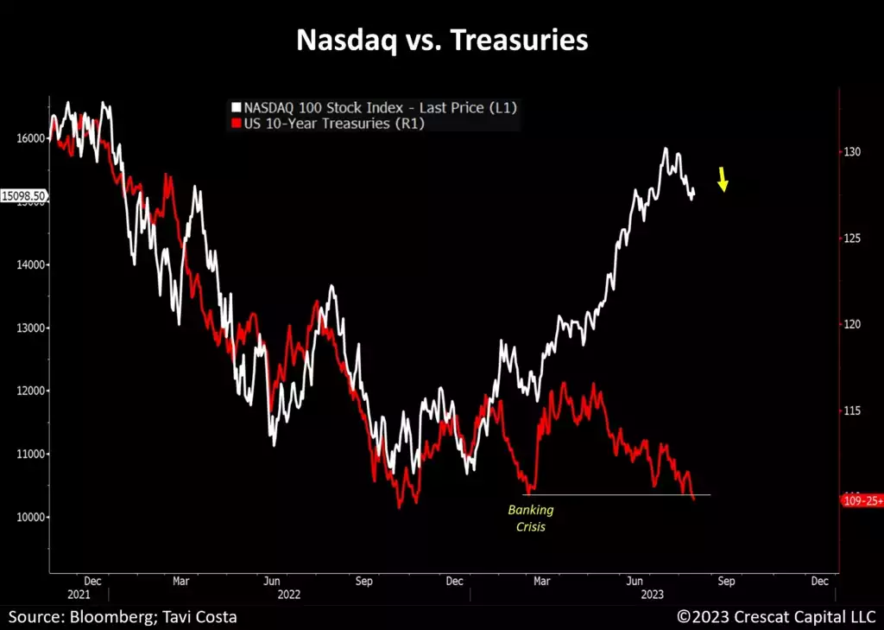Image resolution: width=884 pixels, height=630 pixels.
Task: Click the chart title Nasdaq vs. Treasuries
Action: pyautogui.click(x=442, y=41)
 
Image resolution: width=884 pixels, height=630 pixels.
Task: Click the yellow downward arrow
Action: pyautogui.click(x=723, y=179)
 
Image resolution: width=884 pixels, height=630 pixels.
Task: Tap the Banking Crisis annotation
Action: pyautogui.click(x=530, y=518)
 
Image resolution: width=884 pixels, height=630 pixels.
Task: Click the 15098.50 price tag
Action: pyautogui.click(x=24, y=196)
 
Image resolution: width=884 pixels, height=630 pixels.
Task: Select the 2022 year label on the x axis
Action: pyautogui.click(x=287, y=595)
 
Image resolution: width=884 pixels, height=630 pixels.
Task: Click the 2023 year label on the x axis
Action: pyautogui.click(x=651, y=595)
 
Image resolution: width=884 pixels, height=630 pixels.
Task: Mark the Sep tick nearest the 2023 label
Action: pyautogui.click(x=726, y=582)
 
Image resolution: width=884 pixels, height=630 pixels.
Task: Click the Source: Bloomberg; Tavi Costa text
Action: pyautogui.click(x=123, y=617)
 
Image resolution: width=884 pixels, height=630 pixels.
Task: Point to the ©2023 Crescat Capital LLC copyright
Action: pyautogui.click(x=776, y=617)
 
